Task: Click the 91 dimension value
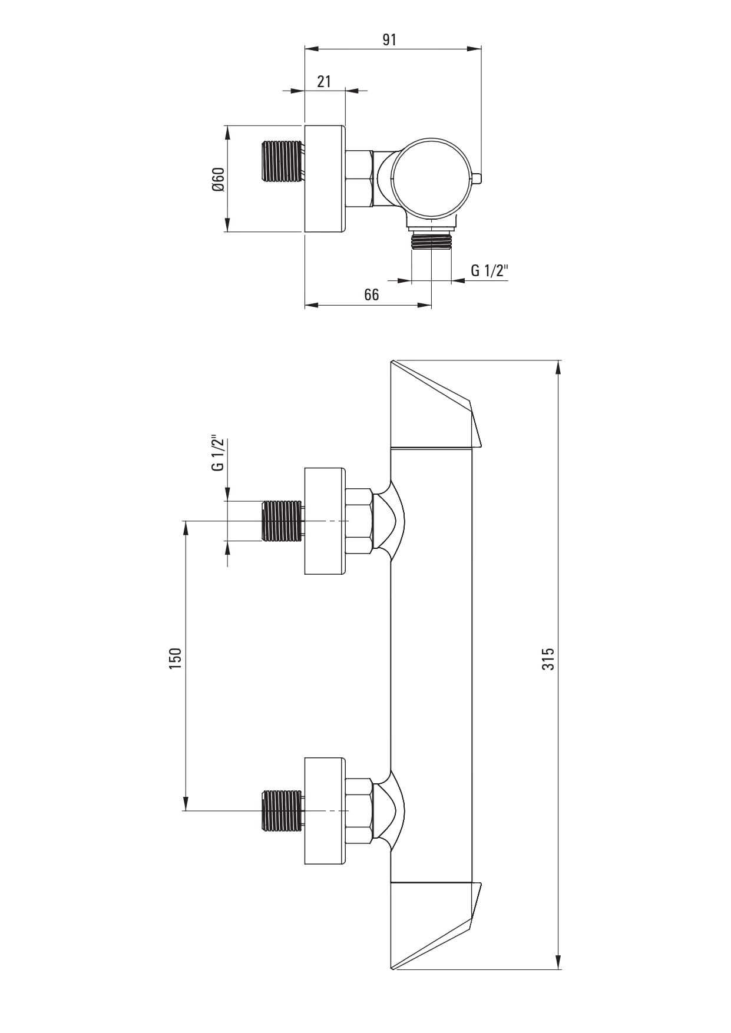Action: click(x=389, y=39)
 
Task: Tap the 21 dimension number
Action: click(x=324, y=81)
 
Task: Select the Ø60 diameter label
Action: click(x=218, y=179)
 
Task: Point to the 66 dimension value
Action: click(x=372, y=294)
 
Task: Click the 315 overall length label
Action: click(x=548, y=659)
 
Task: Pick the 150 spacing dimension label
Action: click(x=175, y=659)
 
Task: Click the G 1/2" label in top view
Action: click(x=489, y=270)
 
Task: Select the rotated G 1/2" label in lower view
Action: click(x=218, y=453)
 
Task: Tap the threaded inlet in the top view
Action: click(x=282, y=161)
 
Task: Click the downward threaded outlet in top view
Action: click(x=432, y=240)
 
